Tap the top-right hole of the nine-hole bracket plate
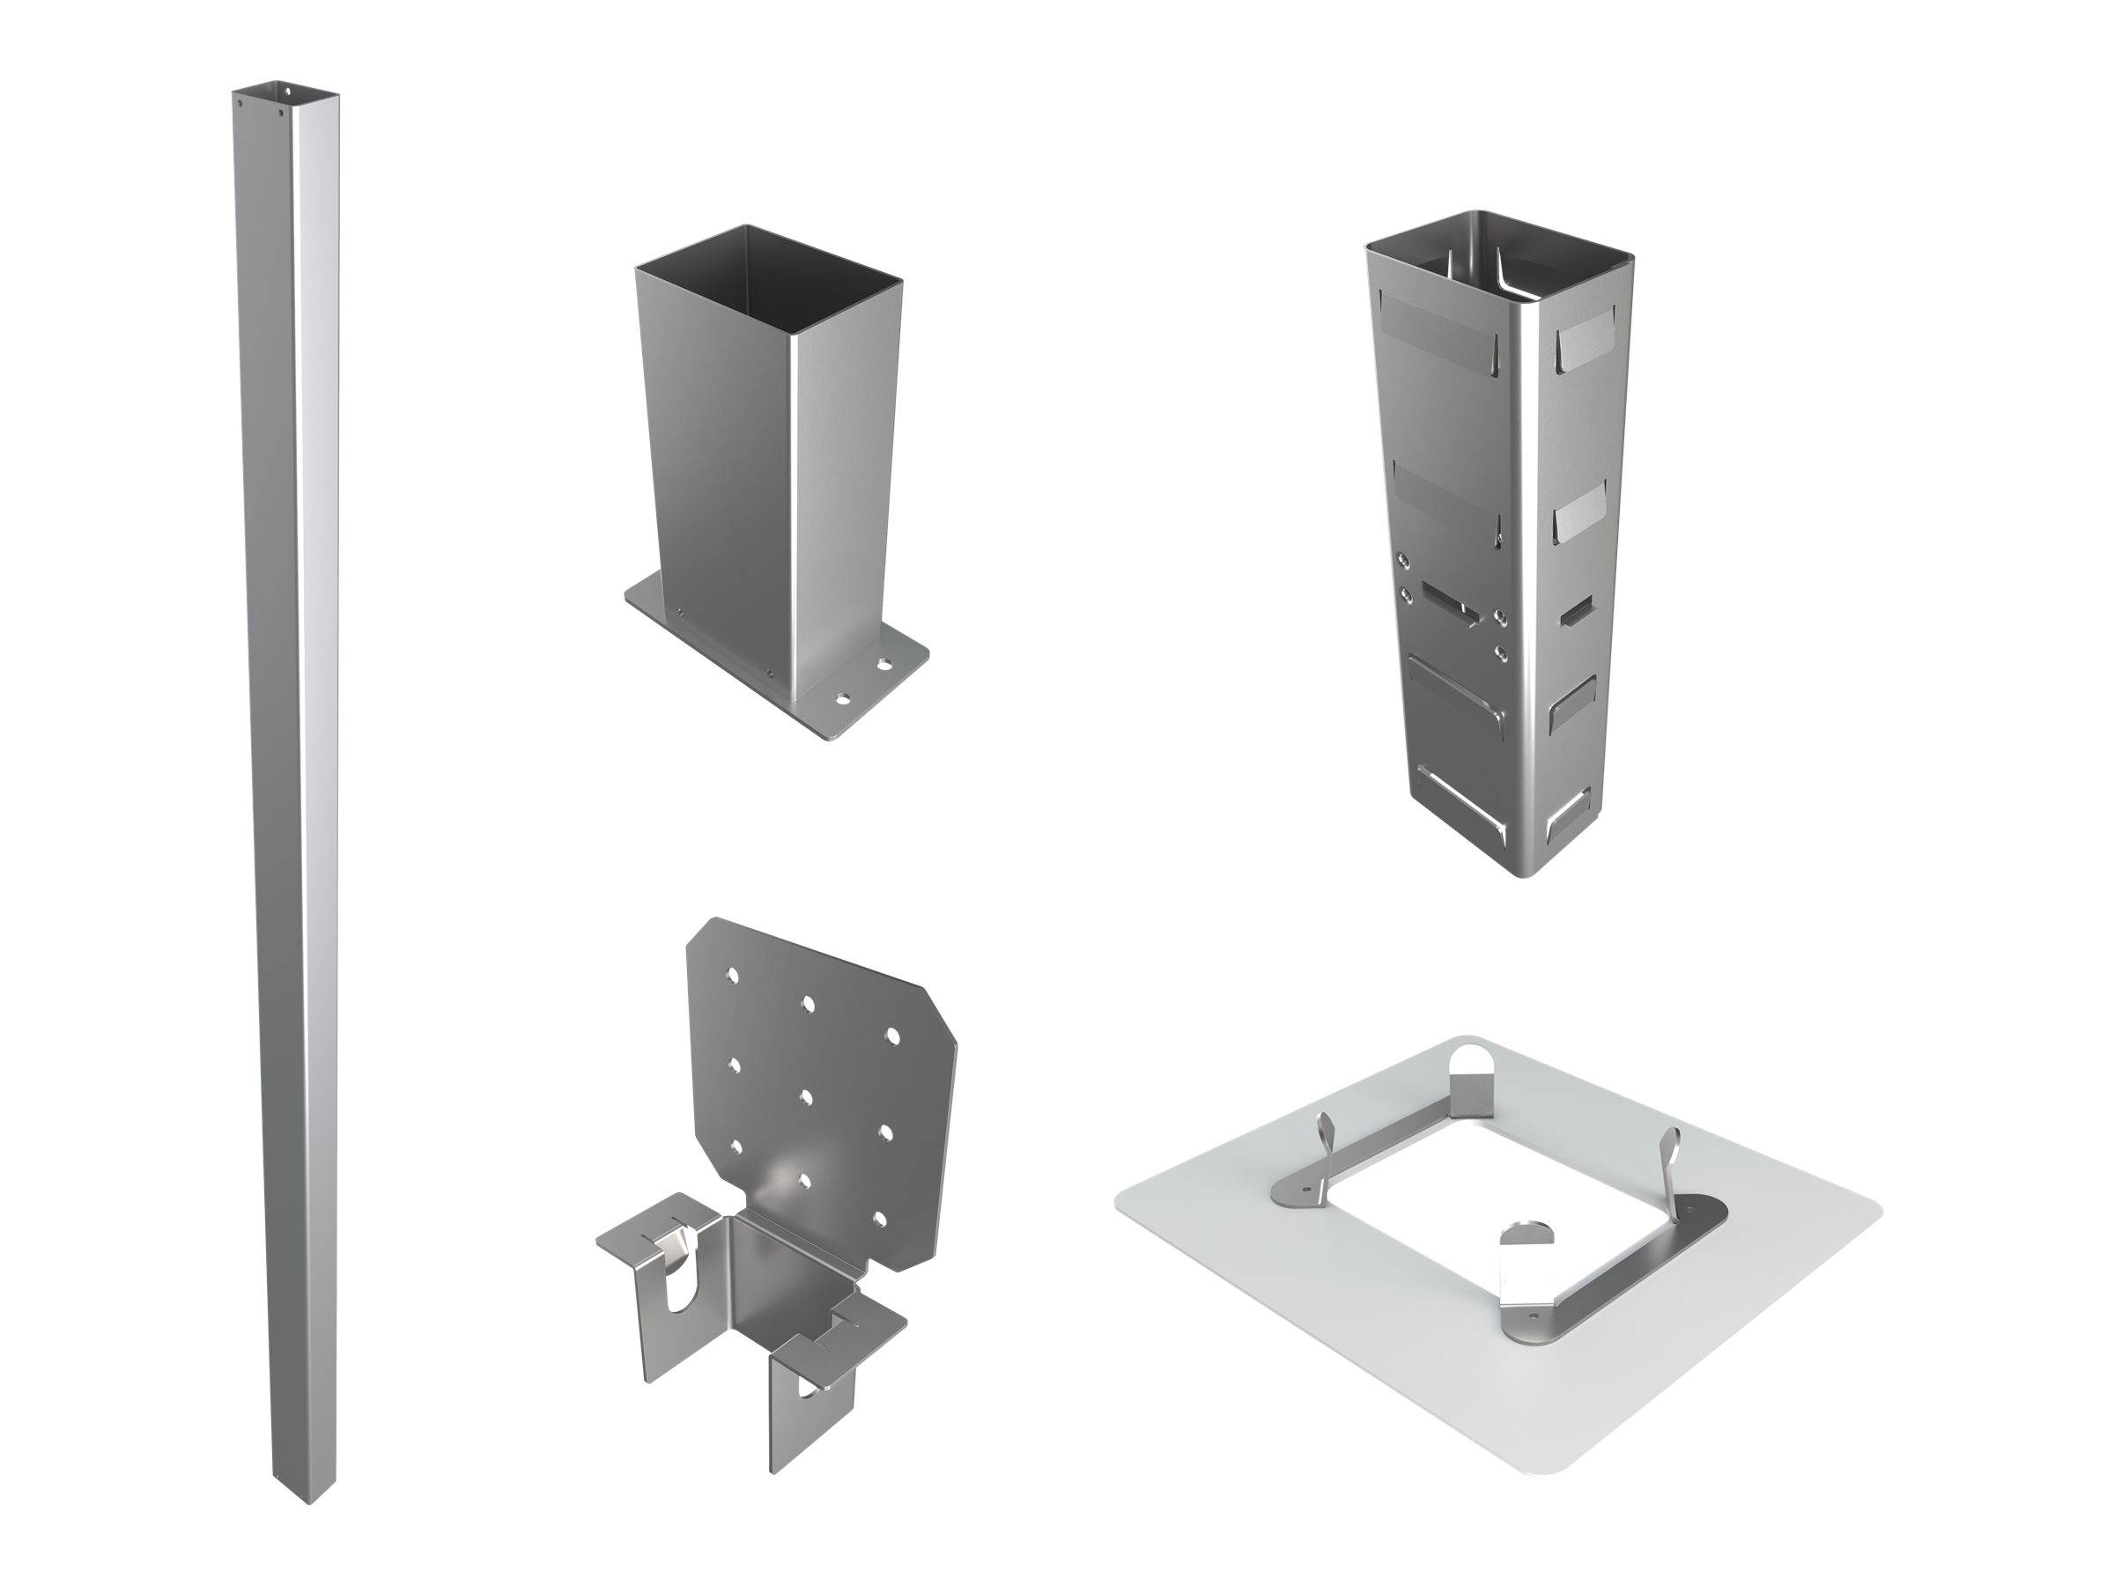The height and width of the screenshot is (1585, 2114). pyautogui.click(x=893, y=1036)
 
